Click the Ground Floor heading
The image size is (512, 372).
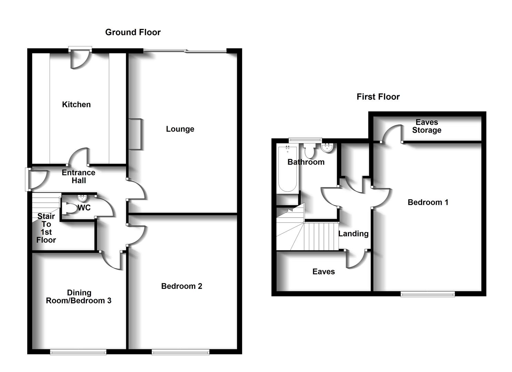(133, 32)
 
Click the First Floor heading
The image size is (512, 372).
(378, 97)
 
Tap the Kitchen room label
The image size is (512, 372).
(76, 104)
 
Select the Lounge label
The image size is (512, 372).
(180, 129)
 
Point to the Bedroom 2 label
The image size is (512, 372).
(181, 286)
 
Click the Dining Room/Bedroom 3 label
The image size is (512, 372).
(79, 297)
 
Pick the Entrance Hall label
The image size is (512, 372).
(79, 176)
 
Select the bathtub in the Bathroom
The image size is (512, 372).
(287, 169)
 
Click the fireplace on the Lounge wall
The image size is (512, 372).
(135, 134)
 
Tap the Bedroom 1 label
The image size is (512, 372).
(428, 202)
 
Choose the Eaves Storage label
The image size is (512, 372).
(426, 126)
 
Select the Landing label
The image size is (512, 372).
(353, 234)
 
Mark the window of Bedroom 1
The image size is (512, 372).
(428, 294)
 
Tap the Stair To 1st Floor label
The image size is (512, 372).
(46, 228)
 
